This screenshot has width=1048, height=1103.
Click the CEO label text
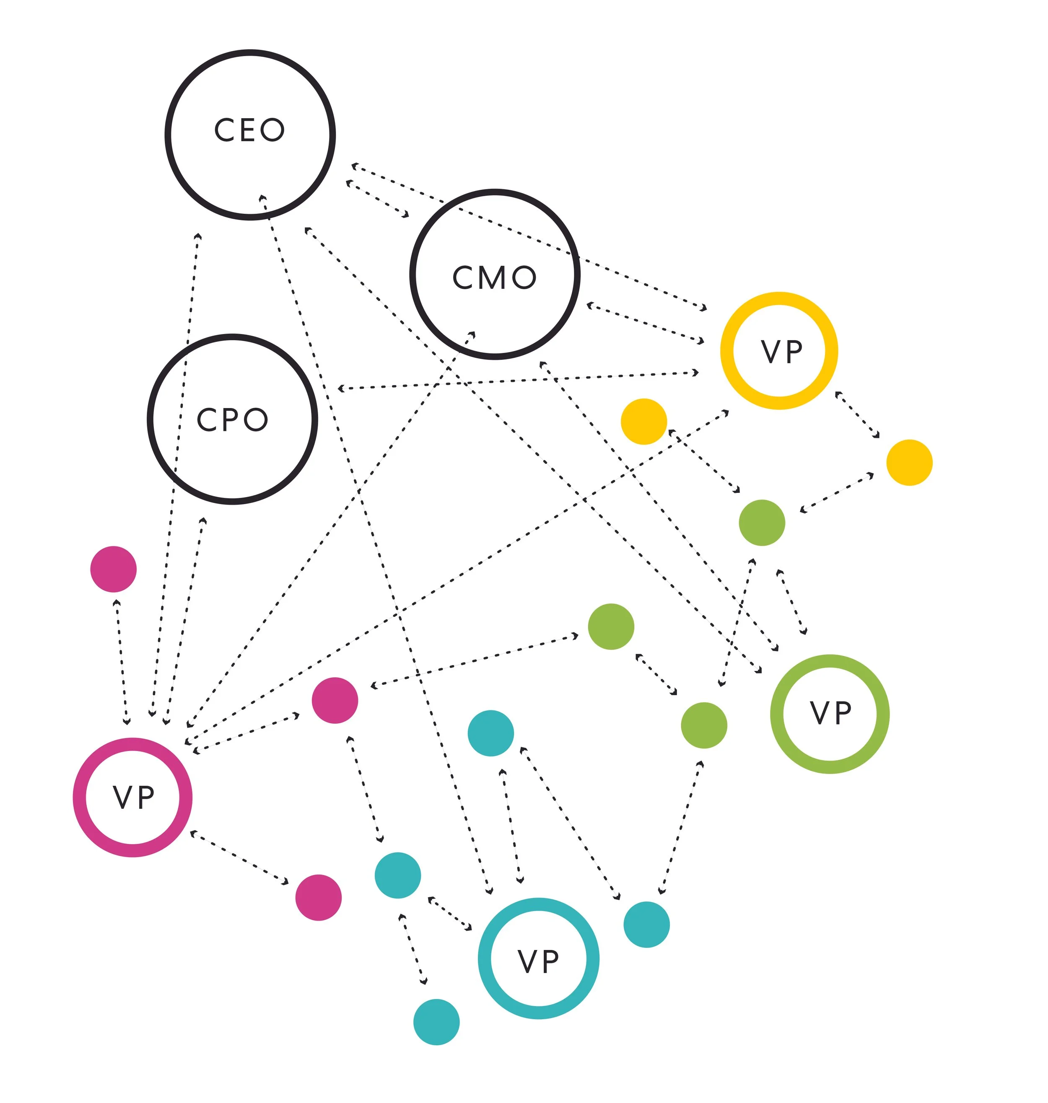point(250,130)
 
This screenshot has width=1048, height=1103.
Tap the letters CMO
point(494,277)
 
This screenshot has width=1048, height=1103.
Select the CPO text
point(232,420)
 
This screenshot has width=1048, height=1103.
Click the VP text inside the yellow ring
point(781,352)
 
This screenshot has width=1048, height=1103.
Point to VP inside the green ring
point(831,714)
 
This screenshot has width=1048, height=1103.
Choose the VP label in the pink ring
point(133,797)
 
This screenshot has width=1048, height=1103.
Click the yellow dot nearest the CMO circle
point(643,422)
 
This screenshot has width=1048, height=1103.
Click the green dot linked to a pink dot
point(611,627)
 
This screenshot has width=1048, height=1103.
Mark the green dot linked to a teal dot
point(704,725)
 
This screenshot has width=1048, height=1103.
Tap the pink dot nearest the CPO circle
point(114,569)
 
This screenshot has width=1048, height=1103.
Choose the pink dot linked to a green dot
point(335,700)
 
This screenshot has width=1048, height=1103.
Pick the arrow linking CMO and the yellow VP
point(645,323)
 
